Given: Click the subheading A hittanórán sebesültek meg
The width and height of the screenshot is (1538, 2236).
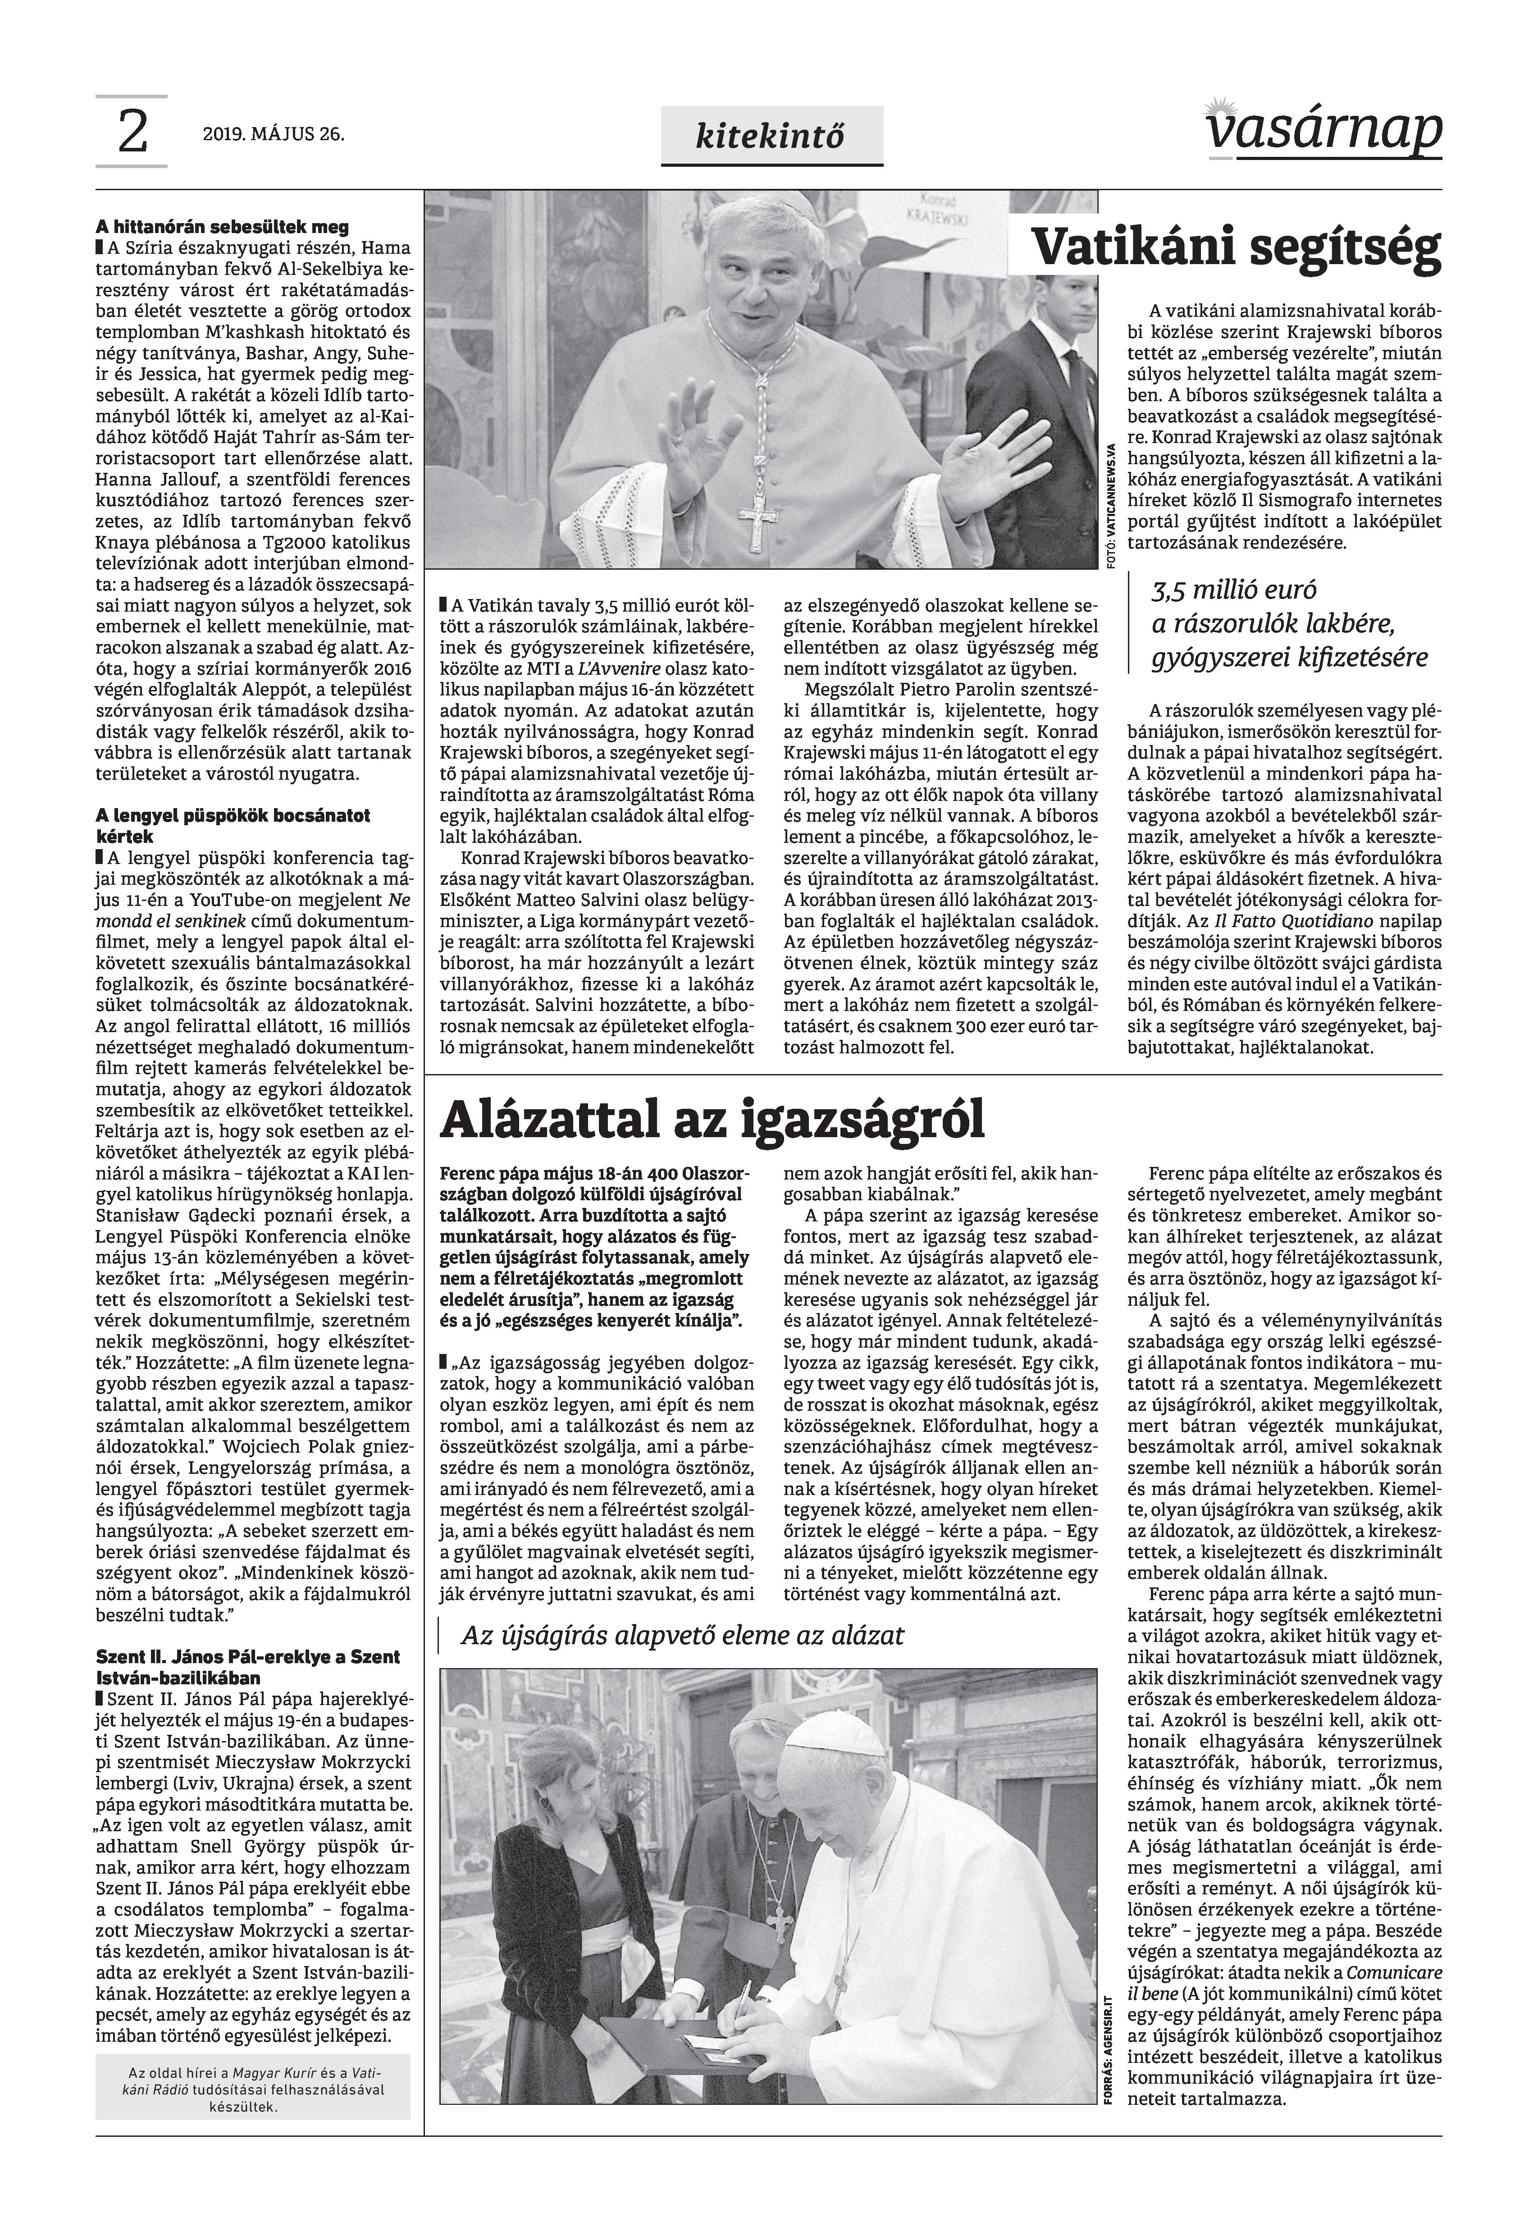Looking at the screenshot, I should [x=222, y=229].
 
